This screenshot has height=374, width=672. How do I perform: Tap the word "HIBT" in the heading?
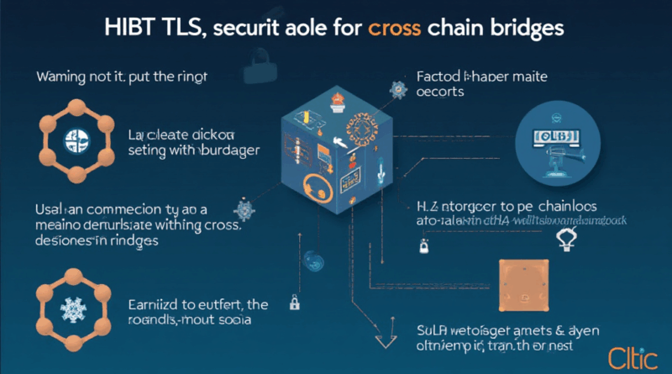click(134, 28)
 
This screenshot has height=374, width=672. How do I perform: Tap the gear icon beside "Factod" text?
click(397, 86)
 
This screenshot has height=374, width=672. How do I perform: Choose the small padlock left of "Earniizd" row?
click(295, 301)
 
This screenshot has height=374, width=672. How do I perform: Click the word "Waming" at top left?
click(63, 78)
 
